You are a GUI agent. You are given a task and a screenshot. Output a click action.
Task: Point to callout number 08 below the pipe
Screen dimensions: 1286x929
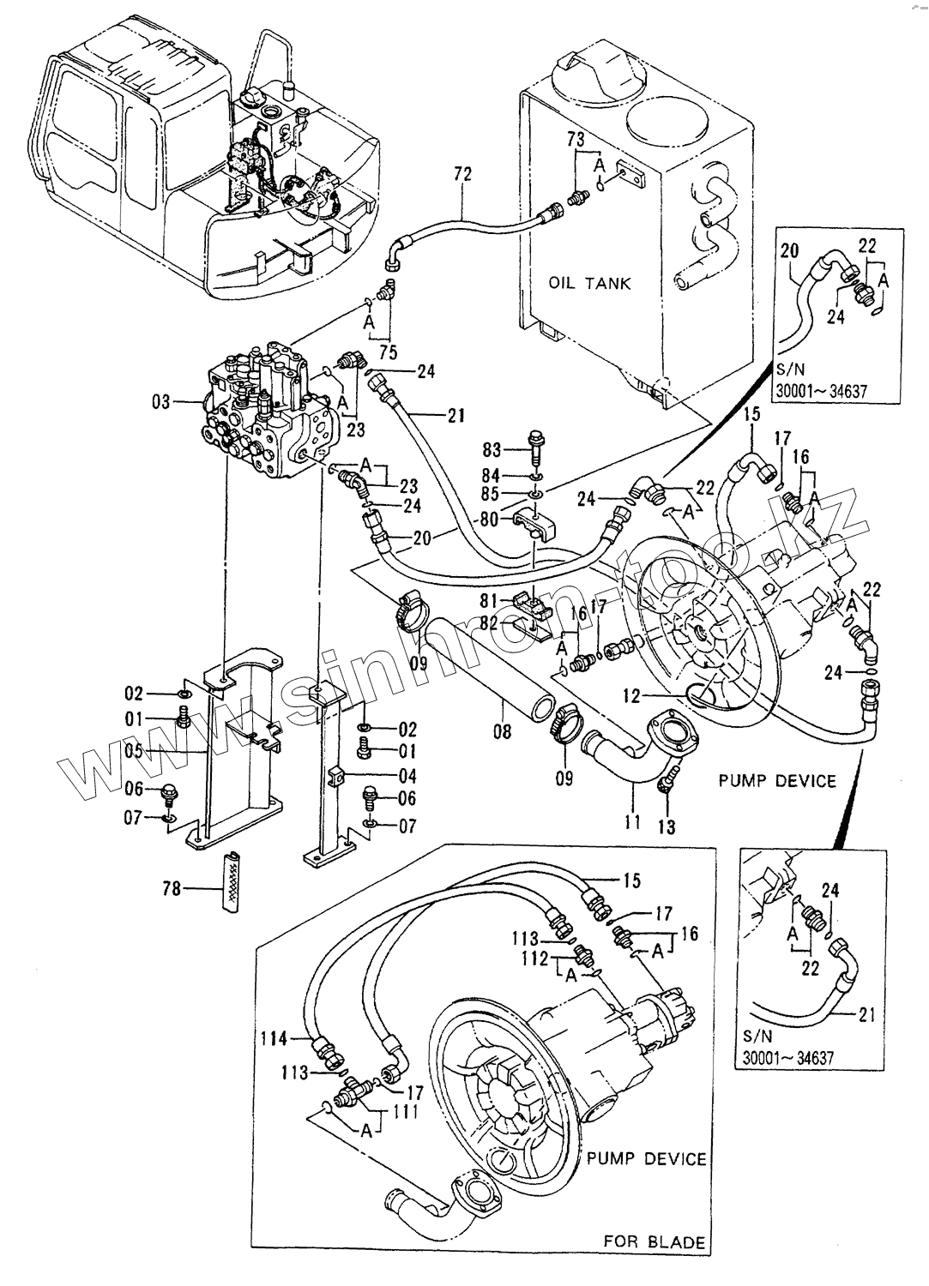502,731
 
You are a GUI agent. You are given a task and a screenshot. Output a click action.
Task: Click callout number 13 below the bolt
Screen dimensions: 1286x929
667,826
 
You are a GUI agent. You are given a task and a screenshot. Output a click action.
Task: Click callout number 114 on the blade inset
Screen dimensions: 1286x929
274,1038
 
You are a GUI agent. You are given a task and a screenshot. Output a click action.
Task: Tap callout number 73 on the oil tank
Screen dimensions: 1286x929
576,139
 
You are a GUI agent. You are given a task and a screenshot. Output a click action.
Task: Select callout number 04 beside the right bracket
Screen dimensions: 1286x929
407,776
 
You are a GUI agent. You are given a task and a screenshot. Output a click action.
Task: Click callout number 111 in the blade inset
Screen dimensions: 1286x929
407,1112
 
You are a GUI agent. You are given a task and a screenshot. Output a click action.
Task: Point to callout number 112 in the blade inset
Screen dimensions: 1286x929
538,958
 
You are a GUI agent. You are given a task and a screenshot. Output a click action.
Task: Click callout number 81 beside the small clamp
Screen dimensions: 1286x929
489,600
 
